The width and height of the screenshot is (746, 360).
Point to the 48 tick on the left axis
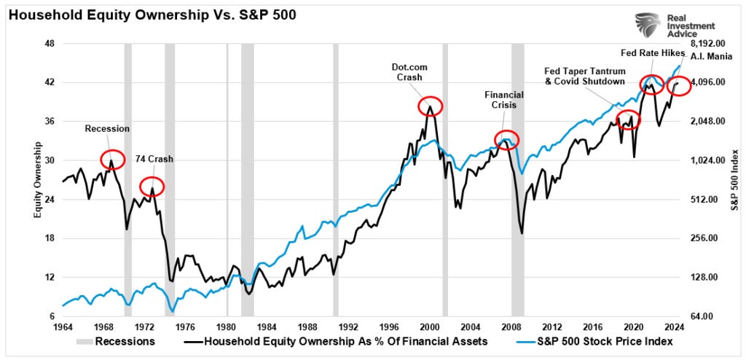[50, 43]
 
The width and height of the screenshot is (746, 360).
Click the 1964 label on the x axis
[63, 327]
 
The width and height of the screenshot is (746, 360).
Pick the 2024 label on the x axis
[673, 327]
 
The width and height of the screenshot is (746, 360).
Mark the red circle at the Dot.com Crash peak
[431, 106]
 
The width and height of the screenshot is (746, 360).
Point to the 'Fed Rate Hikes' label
[651, 52]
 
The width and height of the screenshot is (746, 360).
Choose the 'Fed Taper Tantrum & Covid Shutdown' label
[585, 76]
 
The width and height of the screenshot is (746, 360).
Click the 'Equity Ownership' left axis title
[36, 179]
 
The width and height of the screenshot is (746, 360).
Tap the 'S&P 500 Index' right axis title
[734, 179]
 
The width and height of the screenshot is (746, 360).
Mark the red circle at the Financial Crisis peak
[506, 139]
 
